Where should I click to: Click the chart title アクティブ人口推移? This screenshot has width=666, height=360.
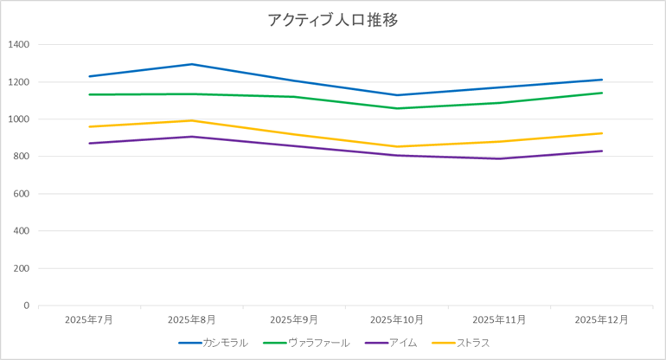(x=333, y=20)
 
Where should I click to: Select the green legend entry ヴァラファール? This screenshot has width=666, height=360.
(x=318, y=343)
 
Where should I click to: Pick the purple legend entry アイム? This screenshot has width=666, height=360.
(x=403, y=343)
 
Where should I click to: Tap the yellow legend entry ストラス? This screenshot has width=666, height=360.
(x=473, y=343)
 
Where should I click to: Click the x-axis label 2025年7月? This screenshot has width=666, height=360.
(x=89, y=319)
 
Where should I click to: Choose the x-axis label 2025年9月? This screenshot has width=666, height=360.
(x=294, y=319)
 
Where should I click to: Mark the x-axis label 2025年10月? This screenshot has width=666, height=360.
(x=396, y=319)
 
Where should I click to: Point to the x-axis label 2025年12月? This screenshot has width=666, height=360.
(x=602, y=319)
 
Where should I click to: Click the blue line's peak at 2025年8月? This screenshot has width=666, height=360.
(x=191, y=64)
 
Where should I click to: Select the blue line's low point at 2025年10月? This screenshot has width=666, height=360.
(x=396, y=95)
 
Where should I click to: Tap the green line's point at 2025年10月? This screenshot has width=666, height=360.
(x=396, y=108)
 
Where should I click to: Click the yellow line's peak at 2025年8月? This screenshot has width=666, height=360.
(x=191, y=120)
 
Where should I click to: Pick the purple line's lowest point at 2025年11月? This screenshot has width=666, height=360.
(x=499, y=158)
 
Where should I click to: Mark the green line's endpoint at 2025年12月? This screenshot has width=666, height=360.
(x=602, y=93)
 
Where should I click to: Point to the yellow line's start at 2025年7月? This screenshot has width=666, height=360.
(x=89, y=126)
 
